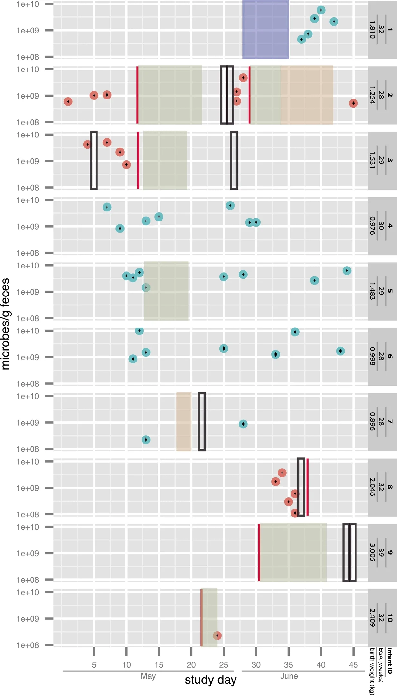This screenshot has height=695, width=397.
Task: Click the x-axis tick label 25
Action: click(224, 665)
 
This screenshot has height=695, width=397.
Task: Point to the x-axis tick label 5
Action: click(94, 665)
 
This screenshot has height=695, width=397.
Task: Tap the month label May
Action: click(148, 676)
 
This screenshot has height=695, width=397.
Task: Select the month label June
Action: click(289, 676)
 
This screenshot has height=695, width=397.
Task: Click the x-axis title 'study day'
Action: click(210, 680)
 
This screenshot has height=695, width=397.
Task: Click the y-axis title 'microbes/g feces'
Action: click(6, 324)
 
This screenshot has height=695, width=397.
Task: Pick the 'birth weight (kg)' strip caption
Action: click(372, 671)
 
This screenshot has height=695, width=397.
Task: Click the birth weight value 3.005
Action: click(372, 552)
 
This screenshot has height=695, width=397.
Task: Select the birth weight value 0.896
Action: click(372, 421)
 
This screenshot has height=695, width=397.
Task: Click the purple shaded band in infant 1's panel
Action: click(265, 30)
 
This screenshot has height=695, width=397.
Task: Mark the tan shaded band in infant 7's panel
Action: click(184, 422)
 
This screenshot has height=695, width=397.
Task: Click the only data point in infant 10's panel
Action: click(217, 635)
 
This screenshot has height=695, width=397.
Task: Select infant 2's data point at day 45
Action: click(353, 103)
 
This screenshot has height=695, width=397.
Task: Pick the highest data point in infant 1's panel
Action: click(321, 10)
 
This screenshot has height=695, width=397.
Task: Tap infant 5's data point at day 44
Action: click(347, 271)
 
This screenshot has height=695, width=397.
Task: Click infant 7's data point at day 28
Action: click(243, 424)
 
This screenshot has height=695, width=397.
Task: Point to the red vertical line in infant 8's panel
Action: click(307, 487)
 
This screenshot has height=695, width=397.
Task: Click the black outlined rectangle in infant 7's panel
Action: click(201, 422)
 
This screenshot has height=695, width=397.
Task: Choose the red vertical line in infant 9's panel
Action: click(259, 552)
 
